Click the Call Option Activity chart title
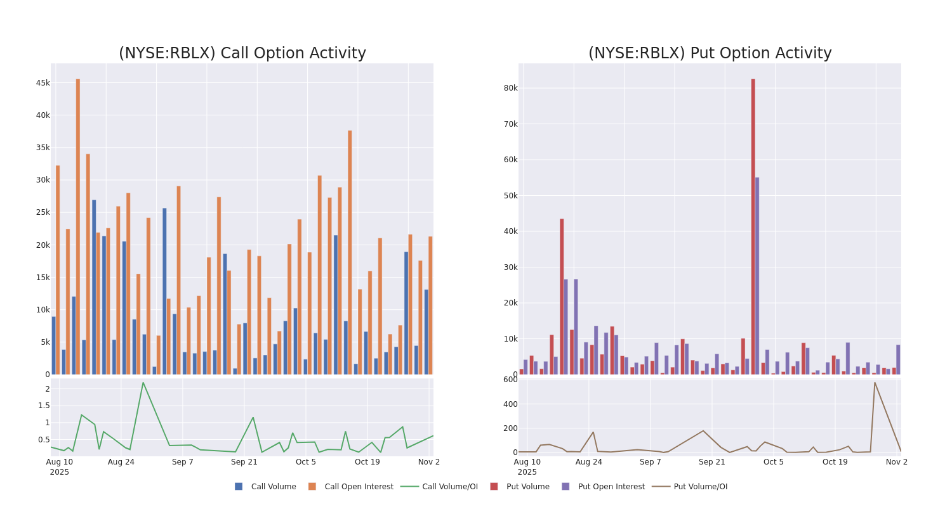(242, 54)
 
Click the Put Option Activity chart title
(710, 54)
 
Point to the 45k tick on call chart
(43, 83)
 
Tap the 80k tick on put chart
(510, 88)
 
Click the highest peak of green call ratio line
(143, 383)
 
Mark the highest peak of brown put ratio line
(874, 382)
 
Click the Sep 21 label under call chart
(244, 462)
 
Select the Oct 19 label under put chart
(835, 462)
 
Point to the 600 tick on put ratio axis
(510, 380)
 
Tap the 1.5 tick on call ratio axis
(43, 406)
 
